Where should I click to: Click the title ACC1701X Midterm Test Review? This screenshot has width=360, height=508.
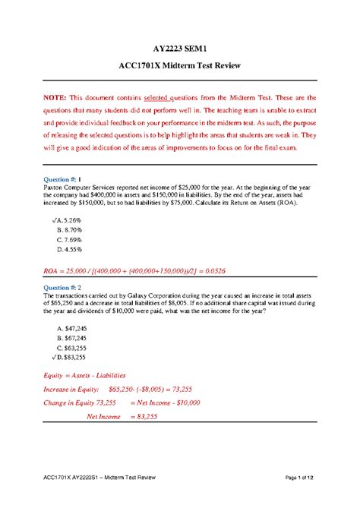coord(180,66)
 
